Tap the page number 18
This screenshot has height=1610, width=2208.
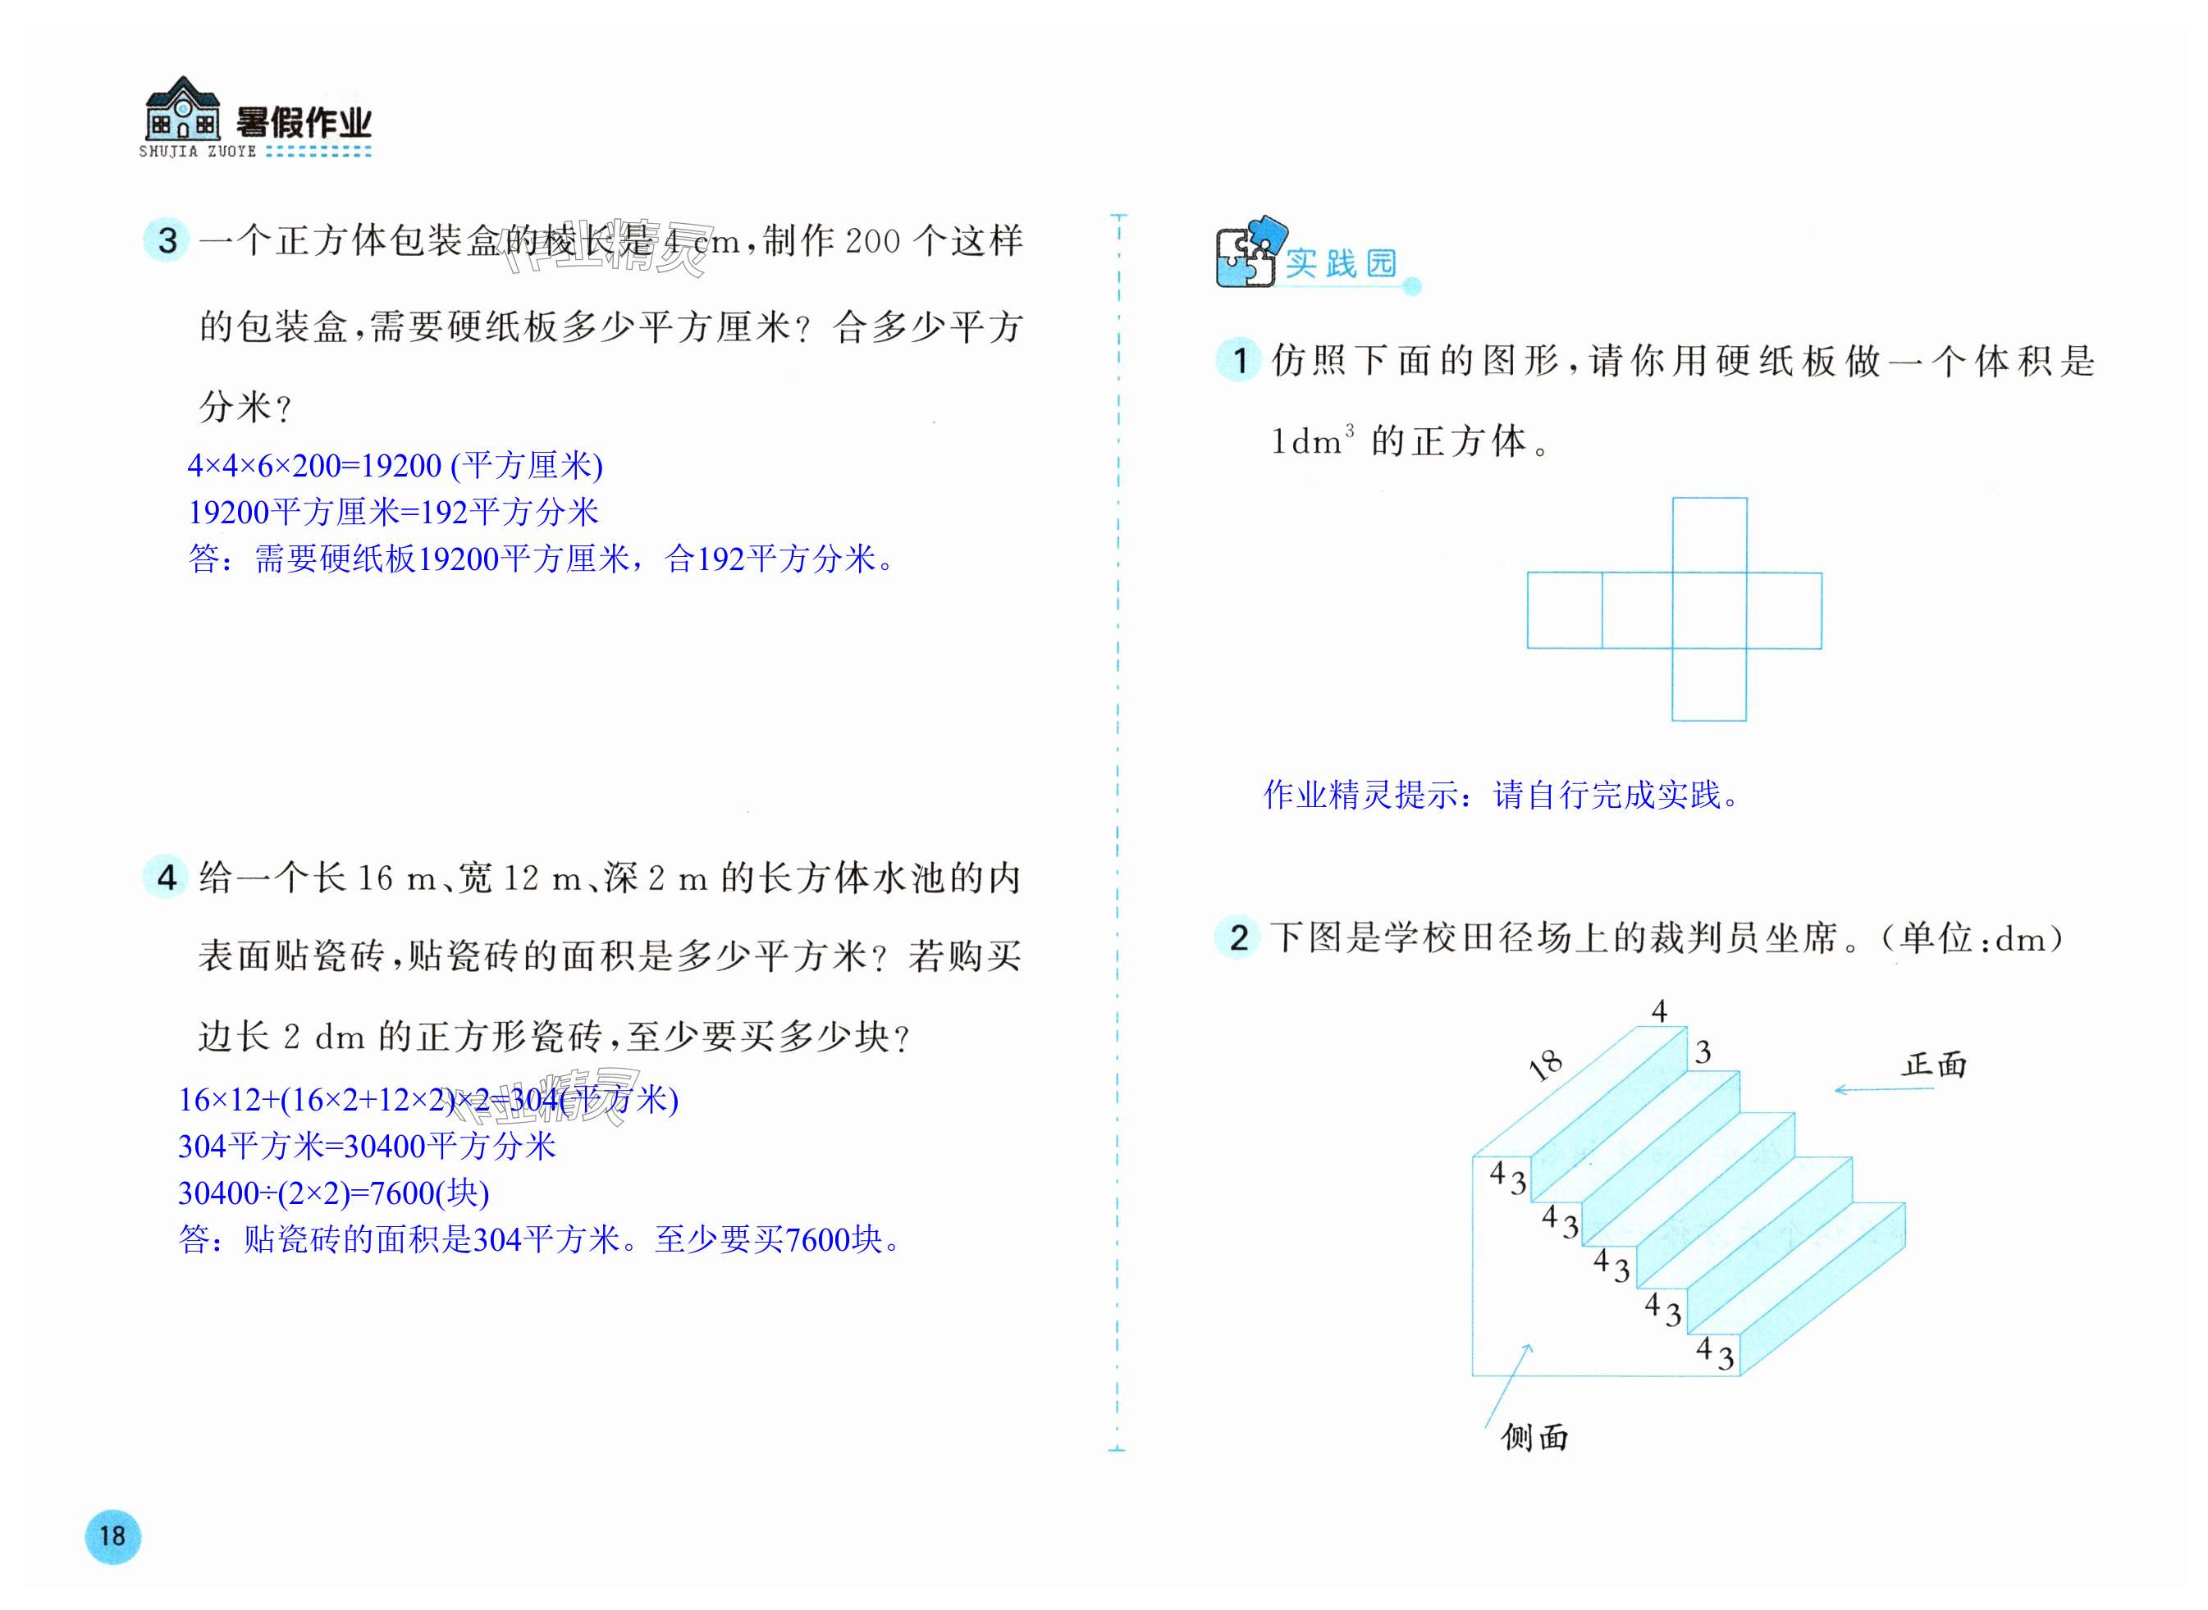[x=112, y=1536]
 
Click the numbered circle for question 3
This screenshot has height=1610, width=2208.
[x=167, y=239]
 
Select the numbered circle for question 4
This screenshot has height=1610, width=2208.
[x=167, y=876]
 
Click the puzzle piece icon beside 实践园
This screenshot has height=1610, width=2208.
[x=1248, y=253]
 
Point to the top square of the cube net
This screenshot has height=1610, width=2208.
[x=1709, y=535]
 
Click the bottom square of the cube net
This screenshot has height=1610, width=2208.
[x=1709, y=684]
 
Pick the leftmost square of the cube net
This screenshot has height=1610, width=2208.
[x=1564, y=610]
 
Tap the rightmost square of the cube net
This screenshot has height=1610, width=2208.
[x=1784, y=610]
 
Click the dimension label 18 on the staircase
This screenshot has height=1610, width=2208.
[x=1545, y=1065]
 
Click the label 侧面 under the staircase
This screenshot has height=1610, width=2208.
[x=1534, y=1436]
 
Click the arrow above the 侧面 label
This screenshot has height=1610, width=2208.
[x=1507, y=1384]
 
